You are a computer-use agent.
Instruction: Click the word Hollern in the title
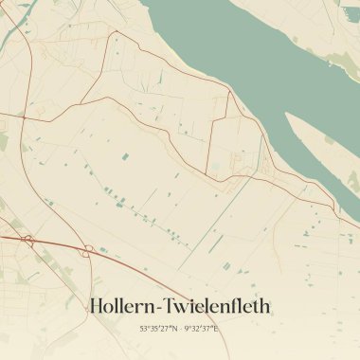(x=122, y=306)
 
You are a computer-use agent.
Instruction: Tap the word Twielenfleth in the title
(x=217, y=306)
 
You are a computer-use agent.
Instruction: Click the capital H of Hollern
(x=95, y=306)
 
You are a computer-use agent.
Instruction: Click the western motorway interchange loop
(x=27, y=241)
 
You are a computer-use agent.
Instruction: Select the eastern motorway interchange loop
(x=88, y=251)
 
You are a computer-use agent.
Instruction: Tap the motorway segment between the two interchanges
(x=59, y=244)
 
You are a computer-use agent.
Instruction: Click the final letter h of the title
(x=266, y=306)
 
